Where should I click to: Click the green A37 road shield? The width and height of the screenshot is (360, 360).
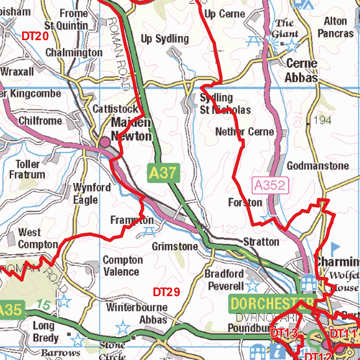[x=164, y=173]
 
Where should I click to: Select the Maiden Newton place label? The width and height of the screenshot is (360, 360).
[x=131, y=129]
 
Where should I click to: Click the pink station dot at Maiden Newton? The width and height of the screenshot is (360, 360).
[x=105, y=142]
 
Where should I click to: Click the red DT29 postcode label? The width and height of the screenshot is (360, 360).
[x=166, y=292]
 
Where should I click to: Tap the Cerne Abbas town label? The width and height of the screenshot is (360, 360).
[x=301, y=70]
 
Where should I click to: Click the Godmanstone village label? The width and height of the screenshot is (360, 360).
[x=318, y=166]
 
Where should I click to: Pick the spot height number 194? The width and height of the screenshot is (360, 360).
[x=322, y=120]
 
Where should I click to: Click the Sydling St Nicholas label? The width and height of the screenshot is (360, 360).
[x=225, y=103]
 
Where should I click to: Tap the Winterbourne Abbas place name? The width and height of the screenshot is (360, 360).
[x=137, y=314]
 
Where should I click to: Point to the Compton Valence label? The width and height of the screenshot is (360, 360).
[x=122, y=265]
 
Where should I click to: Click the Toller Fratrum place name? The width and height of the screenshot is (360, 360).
[x=30, y=169]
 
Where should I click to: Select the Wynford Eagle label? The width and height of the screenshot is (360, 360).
[x=92, y=193]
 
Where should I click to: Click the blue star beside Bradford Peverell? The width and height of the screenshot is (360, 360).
[x=253, y=285]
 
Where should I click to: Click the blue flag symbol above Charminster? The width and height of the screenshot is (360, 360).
[x=335, y=247]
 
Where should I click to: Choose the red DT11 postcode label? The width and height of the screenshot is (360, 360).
[x=343, y=333]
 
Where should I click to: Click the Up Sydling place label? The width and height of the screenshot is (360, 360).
[x=165, y=39]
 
